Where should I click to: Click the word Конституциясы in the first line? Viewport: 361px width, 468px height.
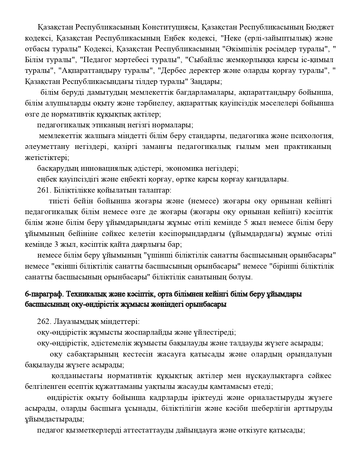point(169,27)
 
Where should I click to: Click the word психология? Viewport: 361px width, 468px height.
point(311,136)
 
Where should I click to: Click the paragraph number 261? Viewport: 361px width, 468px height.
point(43,190)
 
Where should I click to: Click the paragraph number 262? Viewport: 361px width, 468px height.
point(43,322)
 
